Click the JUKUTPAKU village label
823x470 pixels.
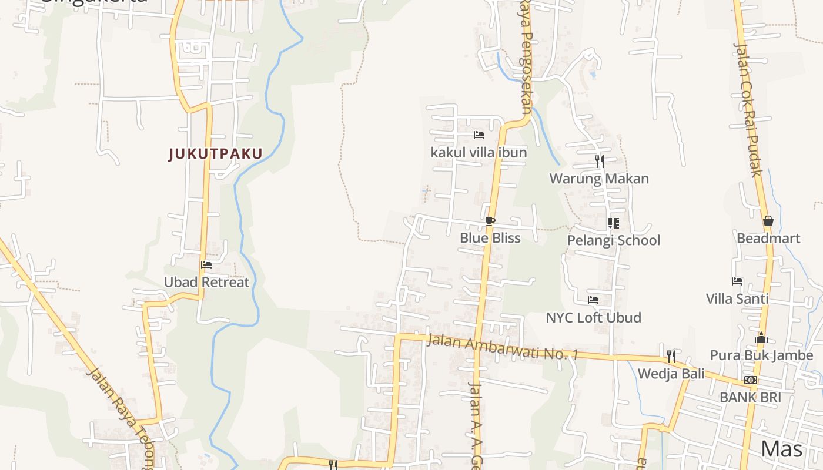point(215,154)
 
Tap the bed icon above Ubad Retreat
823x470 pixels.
point(206,265)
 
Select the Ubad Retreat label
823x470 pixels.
point(206,282)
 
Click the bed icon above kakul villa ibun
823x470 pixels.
point(479,135)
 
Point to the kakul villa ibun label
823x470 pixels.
point(479,153)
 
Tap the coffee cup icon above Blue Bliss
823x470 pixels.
point(490,221)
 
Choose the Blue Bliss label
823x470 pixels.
point(490,238)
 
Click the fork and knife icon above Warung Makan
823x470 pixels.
point(599,161)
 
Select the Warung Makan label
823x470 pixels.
point(599,179)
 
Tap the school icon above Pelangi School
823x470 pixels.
point(613,223)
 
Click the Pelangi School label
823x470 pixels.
point(613,240)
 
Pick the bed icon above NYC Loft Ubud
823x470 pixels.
point(593,300)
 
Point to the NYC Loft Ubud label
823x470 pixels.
point(593,318)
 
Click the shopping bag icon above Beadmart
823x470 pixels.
point(768,221)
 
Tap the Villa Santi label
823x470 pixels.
point(737,298)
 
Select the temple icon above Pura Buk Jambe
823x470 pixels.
point(761,338)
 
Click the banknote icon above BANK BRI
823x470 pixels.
point(750,380)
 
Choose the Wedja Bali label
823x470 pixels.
point(671,374)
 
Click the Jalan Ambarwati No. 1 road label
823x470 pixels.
point(503,347)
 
